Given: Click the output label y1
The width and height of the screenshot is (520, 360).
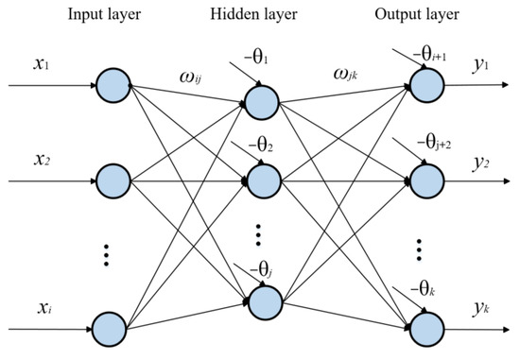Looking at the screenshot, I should [x=482, y=66].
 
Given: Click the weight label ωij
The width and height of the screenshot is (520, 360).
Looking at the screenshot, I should [x=185, y=72].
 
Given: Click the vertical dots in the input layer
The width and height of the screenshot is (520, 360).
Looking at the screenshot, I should [x=111, y=255].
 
